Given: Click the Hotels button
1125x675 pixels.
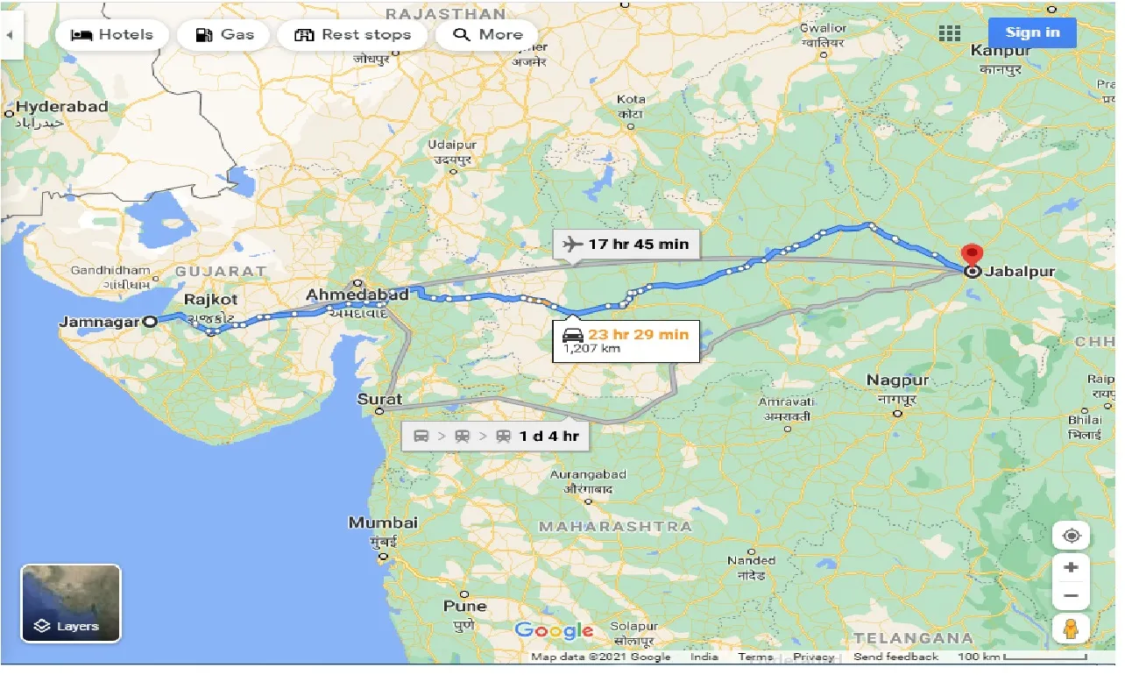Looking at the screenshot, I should [x=111, y=35].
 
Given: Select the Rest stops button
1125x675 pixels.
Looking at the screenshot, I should [x=352, y=35].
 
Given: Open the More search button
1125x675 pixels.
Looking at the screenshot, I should [x=487, y=35].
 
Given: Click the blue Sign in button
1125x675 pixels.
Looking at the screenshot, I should [x=1032, y=33].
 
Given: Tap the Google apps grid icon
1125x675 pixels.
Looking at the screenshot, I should [x=950, y=33].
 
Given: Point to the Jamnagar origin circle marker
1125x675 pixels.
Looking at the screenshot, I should [x=150, y=322].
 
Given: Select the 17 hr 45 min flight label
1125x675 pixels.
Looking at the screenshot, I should [x=626, y=244].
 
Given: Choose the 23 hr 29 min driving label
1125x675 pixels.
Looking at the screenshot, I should [x=626, y=340].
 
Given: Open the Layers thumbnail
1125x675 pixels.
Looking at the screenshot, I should [x=71, y=603].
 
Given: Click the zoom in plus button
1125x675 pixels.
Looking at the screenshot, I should [x=1071, y=567].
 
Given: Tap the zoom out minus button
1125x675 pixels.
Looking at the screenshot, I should [x=1071, y=595].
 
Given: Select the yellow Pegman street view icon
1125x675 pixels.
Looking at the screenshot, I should [x=1071, y=629].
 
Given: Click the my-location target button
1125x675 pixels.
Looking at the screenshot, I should [x=1071, y=536].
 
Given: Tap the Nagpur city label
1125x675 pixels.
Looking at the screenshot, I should [x=897, y=380].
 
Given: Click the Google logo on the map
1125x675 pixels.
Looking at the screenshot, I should [x=554, y=630].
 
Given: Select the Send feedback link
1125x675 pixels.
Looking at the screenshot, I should [x=895, y=657].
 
